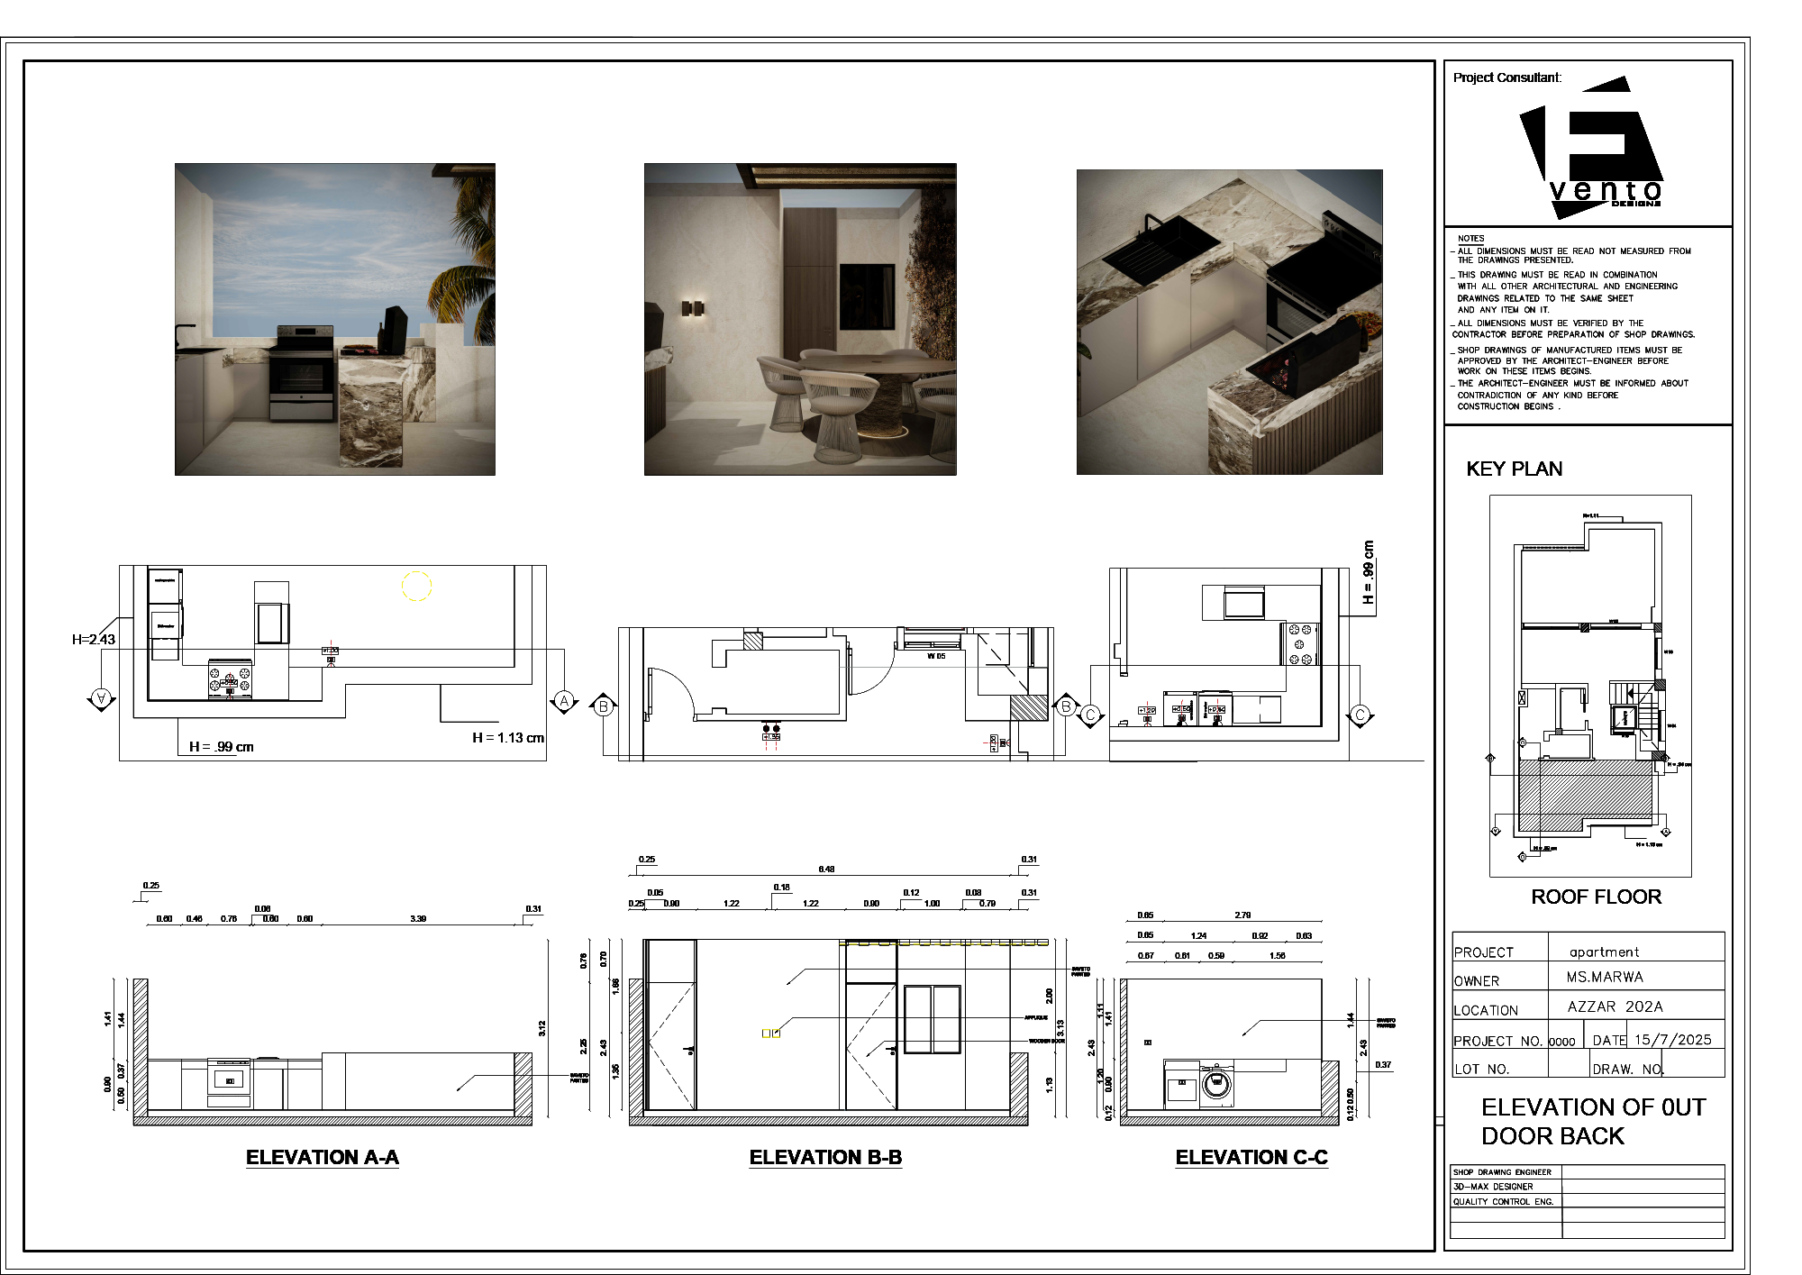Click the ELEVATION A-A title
coord(322,1158)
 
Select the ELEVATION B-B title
coord(825,1158)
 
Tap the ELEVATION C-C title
coord(1251,1158)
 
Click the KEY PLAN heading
coord(1514,469)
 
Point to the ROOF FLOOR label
coord(1596,897)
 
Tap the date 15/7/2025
coord(1672,1040)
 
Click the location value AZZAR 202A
coord(1615,1006)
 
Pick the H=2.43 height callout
coord(94,640)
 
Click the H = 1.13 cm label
coord(508,738)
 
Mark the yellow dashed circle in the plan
coord(416,586)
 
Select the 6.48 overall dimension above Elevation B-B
coord(826,870)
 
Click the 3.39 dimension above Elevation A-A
coord(418,919)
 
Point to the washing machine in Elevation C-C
coord(1215,1083)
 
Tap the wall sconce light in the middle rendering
coord(693,308)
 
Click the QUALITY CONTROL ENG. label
coord(1503,1202)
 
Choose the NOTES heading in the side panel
coord(1470,239)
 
